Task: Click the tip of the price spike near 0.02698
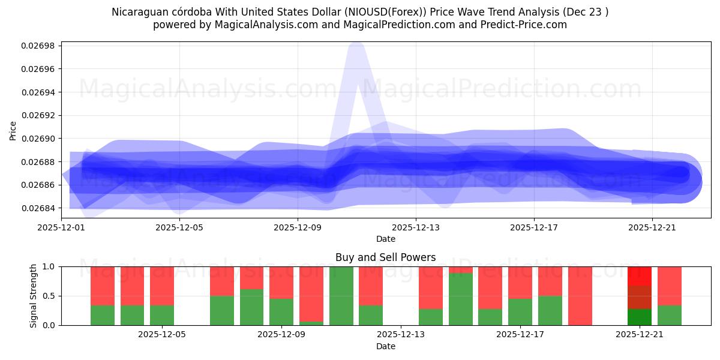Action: click(356, 46)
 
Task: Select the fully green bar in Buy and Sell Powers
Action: click(341, 296)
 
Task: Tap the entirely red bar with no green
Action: click(580, 296)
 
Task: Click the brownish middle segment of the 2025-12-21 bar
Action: click(640, 297)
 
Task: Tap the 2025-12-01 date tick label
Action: click(61, 227)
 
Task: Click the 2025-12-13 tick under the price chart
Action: click(416, 227)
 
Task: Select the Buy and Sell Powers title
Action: click(385, 257)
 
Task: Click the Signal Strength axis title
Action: click(34, 296)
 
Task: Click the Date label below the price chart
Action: click(385, 239)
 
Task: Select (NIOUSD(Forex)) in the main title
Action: click(388, 12)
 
